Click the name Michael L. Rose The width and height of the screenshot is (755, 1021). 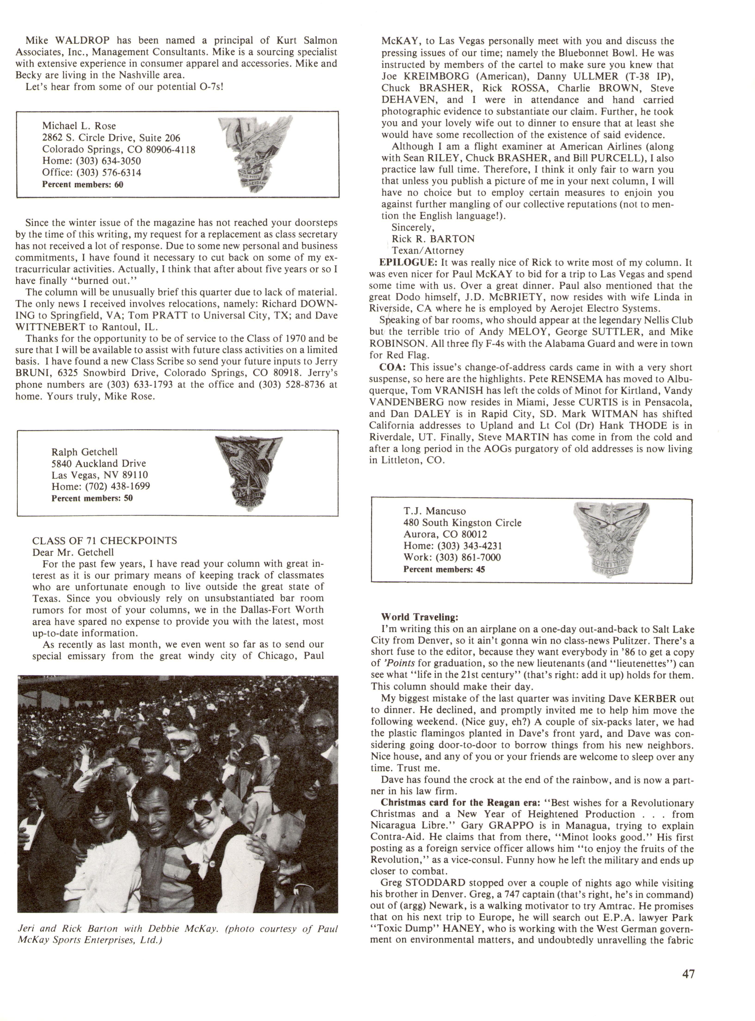click(x=79, y=126)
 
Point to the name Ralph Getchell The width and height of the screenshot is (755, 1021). click(x=85, y=452)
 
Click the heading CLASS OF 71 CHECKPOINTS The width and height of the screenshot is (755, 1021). click(x=105, y=540)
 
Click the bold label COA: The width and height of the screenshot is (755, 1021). click(x=392, y=367)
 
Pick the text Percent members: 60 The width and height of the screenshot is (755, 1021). click(x=83, y=185)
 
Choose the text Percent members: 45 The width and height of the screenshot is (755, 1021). click(x=444, y=569)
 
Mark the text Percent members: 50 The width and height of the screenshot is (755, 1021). click(x=92, y=498)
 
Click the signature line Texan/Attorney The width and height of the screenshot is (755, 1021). click(x=428, y=250)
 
